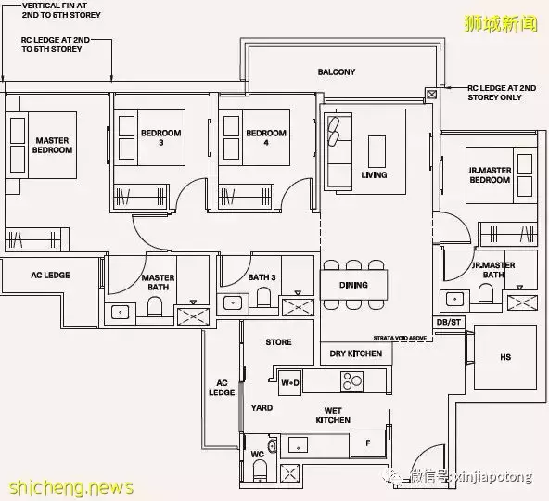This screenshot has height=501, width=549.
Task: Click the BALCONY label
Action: tap(336, 72)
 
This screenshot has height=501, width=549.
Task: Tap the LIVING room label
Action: tap(374, 175)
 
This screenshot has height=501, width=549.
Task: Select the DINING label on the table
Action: tap(353, 286)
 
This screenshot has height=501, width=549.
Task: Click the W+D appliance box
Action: tap(289, 380)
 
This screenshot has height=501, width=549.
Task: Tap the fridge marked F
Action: tap(367, 443)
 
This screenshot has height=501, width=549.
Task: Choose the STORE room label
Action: tap(278, 342)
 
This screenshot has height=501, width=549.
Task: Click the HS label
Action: tap(504, 356)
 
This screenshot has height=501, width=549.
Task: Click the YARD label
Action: tap(261, 406)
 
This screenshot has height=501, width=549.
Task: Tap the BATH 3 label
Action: tap(262, 277)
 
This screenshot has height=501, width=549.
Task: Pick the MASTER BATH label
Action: tap(158, 284)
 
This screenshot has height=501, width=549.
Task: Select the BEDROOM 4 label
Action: tap(265, 138)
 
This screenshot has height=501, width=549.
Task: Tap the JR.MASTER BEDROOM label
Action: tap(490, 174)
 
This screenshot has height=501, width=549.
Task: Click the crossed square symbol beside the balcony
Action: tap(431, 93)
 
